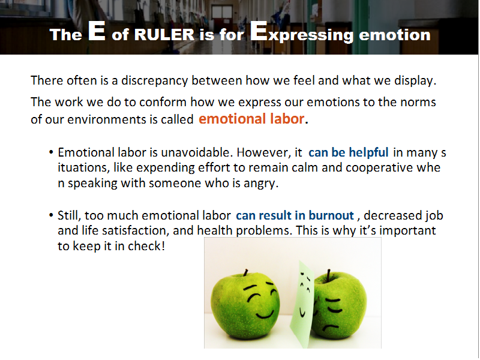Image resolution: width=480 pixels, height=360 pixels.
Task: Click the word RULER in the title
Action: point(164,34)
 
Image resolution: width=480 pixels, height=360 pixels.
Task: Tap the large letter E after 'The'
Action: point(97,31)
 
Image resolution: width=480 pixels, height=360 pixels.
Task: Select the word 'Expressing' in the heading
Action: point(302,32)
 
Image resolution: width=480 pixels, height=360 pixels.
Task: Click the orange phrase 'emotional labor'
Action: point(251,118)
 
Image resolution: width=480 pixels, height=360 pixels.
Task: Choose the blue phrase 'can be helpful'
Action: point(349,152)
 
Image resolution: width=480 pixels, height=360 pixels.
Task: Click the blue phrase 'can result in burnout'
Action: point(295,215)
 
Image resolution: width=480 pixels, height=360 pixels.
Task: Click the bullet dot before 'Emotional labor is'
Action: point(51,152)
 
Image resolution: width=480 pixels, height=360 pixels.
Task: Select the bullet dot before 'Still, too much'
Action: point(51,215)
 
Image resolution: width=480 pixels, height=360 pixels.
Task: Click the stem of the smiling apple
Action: point(245,272)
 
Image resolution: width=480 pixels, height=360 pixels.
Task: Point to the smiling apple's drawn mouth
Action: point(265,315)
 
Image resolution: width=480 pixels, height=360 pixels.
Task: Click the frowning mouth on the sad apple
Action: point(331,329)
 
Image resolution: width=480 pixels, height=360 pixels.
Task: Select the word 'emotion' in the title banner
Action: point(395,35)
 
